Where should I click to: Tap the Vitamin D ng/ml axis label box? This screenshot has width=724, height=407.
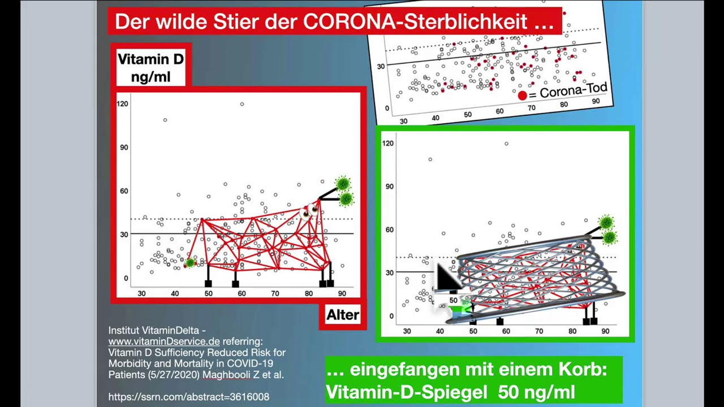click(x=150, y=67)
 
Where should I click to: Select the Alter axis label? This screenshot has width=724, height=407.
click(x=343, y=315)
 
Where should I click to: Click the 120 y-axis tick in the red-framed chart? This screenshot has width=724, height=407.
click(x=123, y=103)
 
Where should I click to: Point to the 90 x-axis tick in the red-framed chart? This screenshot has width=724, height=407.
click(x=342, y=293)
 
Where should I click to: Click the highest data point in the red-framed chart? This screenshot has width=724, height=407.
click(x=242, y=104)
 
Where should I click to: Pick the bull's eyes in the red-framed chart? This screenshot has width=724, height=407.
click(x=309, y=211)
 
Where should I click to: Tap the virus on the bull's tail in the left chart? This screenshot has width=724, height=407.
click(x=191, y=262)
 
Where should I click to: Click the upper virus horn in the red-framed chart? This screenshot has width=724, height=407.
click(x=343, y=184)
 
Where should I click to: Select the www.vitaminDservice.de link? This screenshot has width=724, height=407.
click(x=164, y=341)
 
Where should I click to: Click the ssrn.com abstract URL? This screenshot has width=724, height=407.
click(x=189, y=397)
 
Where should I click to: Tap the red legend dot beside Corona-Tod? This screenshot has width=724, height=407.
click(x=522, y=96)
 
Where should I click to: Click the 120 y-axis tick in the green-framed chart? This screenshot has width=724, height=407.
click(x=388, y=143)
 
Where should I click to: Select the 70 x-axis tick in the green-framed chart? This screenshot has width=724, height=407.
click(x=539, y=331)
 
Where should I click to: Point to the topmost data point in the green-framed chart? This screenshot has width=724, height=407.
click(x=506, y=144)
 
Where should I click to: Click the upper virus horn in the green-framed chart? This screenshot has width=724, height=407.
click(x=606, y=222)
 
